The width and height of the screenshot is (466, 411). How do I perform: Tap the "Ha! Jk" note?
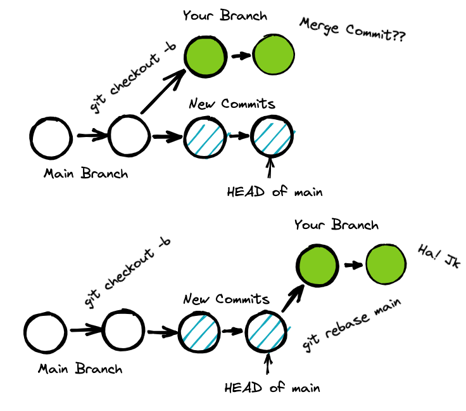pos(436,257)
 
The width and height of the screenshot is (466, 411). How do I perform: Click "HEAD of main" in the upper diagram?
pos(274,191)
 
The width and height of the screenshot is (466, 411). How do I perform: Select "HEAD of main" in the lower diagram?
pos(272,387)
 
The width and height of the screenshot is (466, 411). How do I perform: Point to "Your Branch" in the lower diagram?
pos(336,225)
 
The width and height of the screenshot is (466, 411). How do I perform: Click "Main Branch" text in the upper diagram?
pos(85,173)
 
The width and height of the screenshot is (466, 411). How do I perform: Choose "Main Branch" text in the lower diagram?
pos(80,369)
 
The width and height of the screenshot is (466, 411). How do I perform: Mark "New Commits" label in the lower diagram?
pos(227,299)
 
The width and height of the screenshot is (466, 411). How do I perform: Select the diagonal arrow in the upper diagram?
pos(162,92)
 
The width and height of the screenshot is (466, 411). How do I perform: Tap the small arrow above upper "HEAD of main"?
pos(271,169)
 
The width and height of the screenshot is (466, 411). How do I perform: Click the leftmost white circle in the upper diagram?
pos(51,137)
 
